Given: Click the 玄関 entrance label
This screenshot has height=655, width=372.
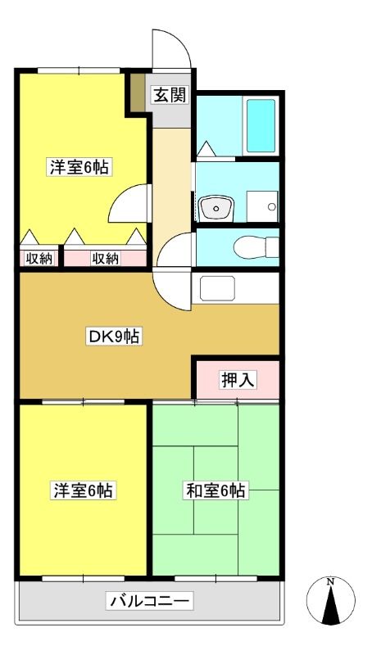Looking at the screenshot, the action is [x=170, y=96].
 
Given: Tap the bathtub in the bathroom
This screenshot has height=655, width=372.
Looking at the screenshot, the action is [x=261, y=125].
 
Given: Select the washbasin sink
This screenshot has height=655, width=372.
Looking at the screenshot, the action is [x=216, y=208].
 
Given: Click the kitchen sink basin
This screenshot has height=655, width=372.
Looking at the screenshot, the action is [x=217, y=288].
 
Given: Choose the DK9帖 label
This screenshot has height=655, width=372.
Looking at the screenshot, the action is [x=114, y=336].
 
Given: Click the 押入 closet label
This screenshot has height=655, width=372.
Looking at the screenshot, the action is [x=238, y=380].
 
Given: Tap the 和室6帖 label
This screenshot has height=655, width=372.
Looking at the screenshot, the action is [x=215, y=490].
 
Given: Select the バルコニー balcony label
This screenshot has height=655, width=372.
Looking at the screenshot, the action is [x=150, y=602].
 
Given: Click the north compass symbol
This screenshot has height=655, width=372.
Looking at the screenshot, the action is [x=330, y=600].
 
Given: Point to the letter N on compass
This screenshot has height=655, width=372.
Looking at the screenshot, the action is [x=330, y=581].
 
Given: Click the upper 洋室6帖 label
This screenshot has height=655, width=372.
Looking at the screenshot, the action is [x=79, y=168].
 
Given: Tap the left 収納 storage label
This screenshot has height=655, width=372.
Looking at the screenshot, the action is [x=39, y=259].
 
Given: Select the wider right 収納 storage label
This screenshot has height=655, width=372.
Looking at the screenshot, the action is [x=106, y=259].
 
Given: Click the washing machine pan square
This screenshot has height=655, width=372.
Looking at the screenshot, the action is [x=262, y=206].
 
